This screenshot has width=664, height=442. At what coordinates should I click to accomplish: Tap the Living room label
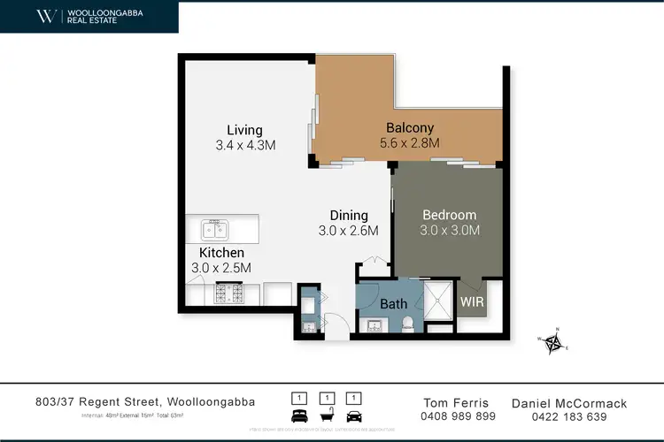(244, 130)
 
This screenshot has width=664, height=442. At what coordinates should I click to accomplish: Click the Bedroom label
(449, 215)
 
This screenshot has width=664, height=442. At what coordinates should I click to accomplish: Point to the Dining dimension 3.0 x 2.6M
(348, 231)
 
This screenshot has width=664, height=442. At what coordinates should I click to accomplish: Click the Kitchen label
(221, 253)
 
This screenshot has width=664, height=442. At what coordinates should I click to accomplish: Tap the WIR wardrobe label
(471, 301)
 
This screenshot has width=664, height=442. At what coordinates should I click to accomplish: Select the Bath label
(394, 304)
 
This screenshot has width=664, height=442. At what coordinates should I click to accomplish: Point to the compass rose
(556, 340)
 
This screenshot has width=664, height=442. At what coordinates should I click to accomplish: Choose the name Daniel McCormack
(569, 403)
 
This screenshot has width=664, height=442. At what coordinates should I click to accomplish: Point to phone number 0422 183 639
(569, 416)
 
